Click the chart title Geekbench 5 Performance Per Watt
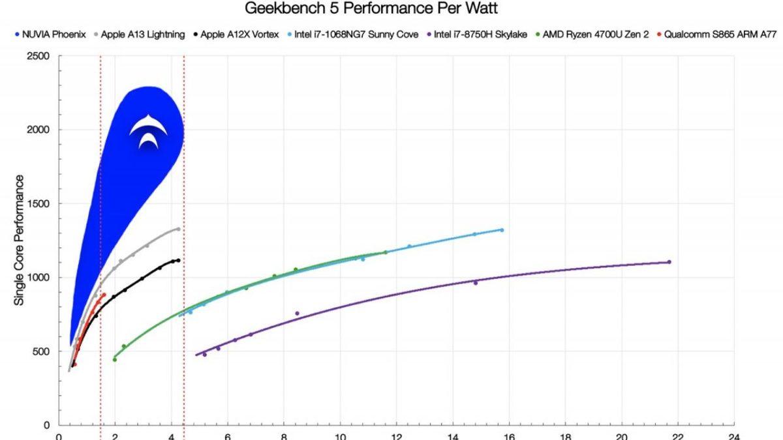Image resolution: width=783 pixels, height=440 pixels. coord(371,9)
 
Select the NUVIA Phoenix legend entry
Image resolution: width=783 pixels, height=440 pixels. coord(52,35)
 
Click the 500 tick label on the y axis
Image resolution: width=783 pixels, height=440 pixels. coord(41,352)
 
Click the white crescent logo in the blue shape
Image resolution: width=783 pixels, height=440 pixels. coord(148,131)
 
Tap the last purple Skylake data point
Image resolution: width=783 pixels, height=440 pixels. coord(669,262)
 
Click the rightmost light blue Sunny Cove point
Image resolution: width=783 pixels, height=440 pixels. coord(501,230)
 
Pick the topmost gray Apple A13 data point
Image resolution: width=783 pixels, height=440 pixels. coord(178,229)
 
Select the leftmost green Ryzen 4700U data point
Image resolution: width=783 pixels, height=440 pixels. coord(115,360)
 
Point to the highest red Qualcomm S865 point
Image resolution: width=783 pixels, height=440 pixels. coord(104,295)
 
